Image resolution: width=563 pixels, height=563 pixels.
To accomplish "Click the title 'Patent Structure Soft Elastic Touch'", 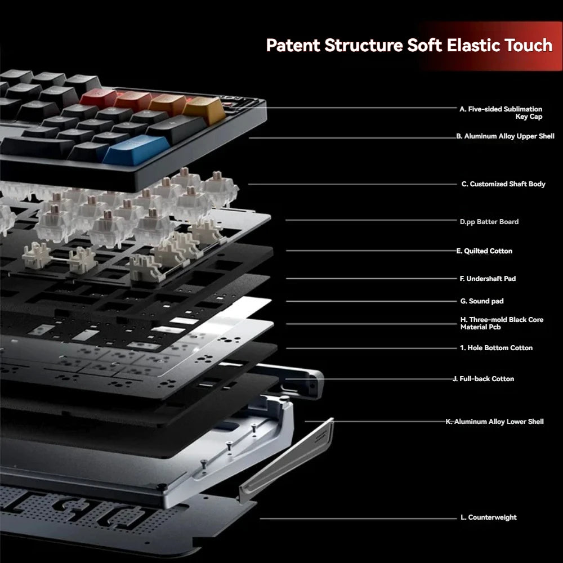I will coord(409,45).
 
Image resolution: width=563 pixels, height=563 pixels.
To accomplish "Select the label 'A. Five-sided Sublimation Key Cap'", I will coord(501,113).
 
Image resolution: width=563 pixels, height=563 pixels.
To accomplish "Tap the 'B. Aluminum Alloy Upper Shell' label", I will coord(505,136).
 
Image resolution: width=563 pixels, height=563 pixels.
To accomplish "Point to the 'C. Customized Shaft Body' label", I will coord(503,184).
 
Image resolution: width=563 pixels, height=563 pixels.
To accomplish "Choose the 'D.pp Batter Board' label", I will coord(489,222).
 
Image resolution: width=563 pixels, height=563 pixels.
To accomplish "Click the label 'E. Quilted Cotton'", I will coord(484,251).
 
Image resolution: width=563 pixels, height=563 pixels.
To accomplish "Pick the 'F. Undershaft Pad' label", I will coord(488,279).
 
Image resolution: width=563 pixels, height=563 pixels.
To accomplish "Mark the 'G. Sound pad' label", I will coord(482,301).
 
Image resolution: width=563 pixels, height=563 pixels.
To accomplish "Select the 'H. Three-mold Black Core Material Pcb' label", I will coord(501,323).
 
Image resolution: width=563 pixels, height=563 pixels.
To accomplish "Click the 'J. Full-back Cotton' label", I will coord(484,379).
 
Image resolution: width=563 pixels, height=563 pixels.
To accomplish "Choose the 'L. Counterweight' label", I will coord(488,517).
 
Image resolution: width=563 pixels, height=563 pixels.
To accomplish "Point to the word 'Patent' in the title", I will coord(293,45).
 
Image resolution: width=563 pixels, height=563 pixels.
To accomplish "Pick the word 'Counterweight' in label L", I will coord(492,517).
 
